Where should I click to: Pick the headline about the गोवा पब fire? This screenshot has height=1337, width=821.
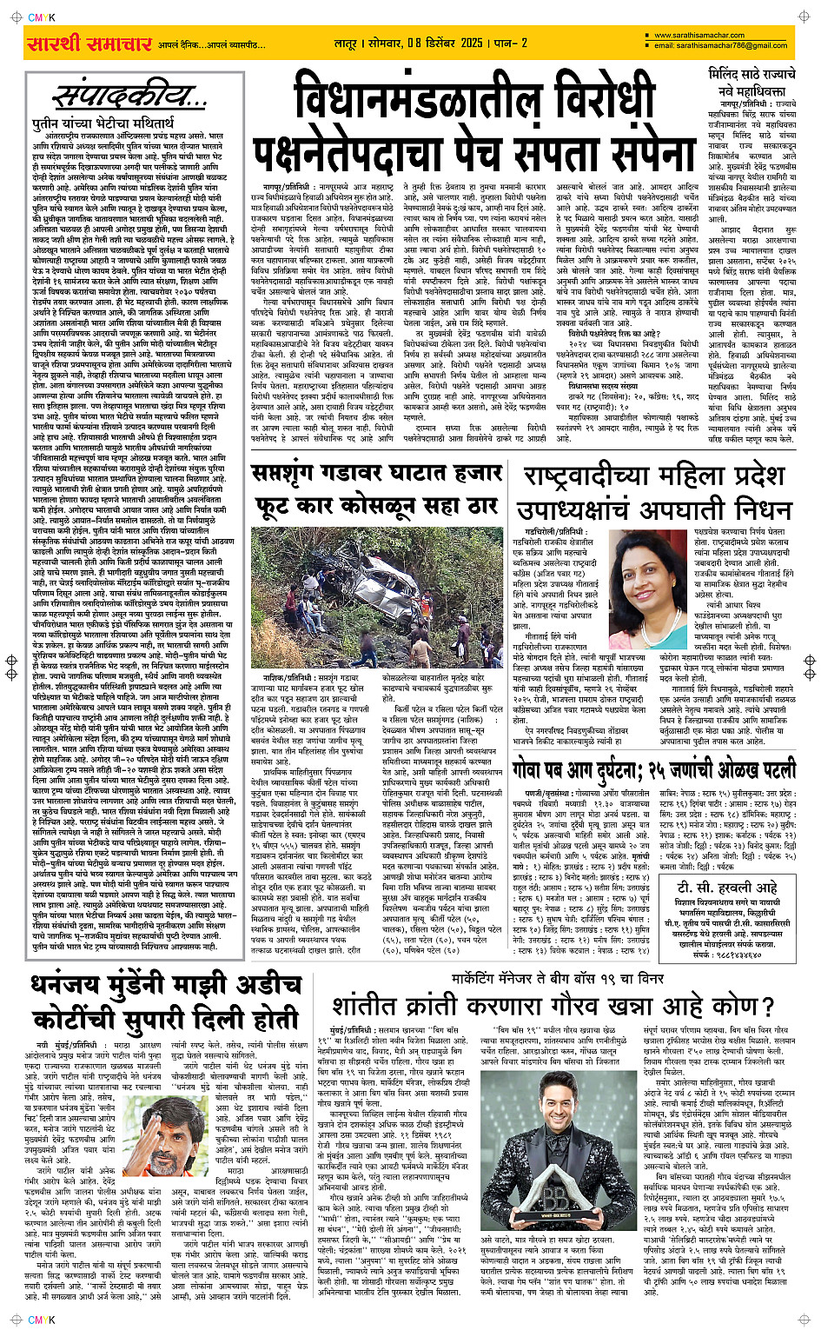click(653, 768)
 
